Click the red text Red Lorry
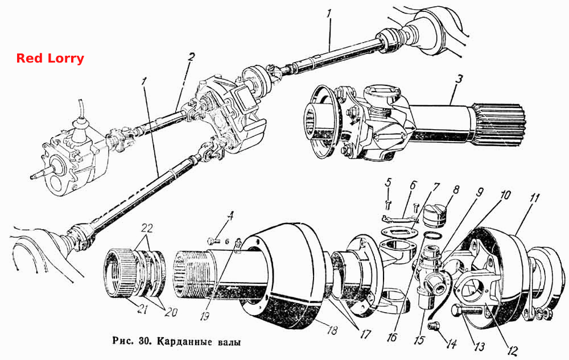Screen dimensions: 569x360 [50, 59]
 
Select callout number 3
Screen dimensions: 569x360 [459, 79]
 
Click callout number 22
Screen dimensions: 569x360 [147, 229]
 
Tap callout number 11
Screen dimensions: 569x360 [534, 198]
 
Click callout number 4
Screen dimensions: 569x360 [230, 217]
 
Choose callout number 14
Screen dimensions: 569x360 [451, 344]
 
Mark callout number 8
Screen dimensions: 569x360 [456, 189]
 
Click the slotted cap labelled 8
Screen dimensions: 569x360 [435, 215]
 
